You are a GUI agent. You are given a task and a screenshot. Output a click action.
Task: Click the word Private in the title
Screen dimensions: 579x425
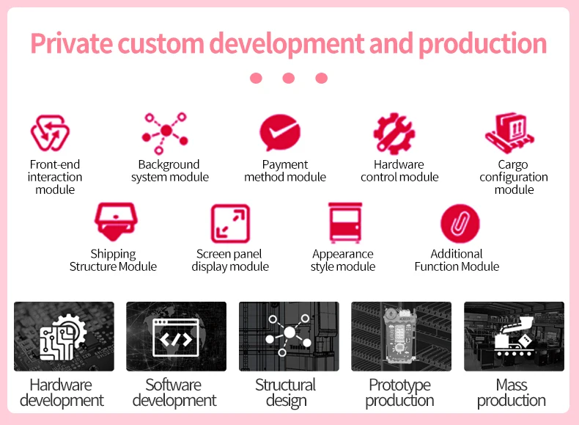coord(72,43)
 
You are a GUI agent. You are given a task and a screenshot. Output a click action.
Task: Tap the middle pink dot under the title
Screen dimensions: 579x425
coord(288,78)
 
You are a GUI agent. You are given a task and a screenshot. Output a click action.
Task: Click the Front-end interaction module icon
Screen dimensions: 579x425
coord(50,132)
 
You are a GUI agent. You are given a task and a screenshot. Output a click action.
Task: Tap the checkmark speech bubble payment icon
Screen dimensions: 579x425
coord(280,132)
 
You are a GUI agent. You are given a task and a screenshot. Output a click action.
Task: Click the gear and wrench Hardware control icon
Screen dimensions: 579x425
coord(394,133)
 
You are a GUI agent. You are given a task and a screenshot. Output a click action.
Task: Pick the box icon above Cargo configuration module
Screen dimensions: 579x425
coord(509,133)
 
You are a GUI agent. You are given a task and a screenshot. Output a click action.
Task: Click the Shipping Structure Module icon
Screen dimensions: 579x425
coord(116,222)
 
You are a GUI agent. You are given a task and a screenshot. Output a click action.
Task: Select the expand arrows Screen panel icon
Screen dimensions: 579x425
coord(230,223)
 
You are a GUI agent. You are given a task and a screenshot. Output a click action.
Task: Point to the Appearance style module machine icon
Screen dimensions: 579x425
coord(345,222)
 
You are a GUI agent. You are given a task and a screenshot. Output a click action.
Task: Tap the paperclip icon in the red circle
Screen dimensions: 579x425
coord(460,223)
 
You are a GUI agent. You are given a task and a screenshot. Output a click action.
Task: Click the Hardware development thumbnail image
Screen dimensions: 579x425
coord(64,336)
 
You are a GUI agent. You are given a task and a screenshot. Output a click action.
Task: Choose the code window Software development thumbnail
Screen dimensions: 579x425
coord(176,336)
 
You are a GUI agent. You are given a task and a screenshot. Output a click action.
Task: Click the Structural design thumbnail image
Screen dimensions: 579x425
coord(289,336)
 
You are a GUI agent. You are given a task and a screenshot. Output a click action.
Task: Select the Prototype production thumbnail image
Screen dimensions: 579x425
coord(401,336)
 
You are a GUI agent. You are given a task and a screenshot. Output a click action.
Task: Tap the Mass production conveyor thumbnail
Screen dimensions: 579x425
coord(514,336)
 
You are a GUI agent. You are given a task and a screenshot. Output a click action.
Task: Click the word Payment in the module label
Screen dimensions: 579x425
coord(284,164)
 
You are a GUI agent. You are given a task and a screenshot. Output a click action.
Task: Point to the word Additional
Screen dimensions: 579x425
coord(457,254)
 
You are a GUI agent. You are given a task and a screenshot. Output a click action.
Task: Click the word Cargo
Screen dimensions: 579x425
coord(513,164)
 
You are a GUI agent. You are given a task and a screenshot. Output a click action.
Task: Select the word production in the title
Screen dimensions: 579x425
coord(482,44)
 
